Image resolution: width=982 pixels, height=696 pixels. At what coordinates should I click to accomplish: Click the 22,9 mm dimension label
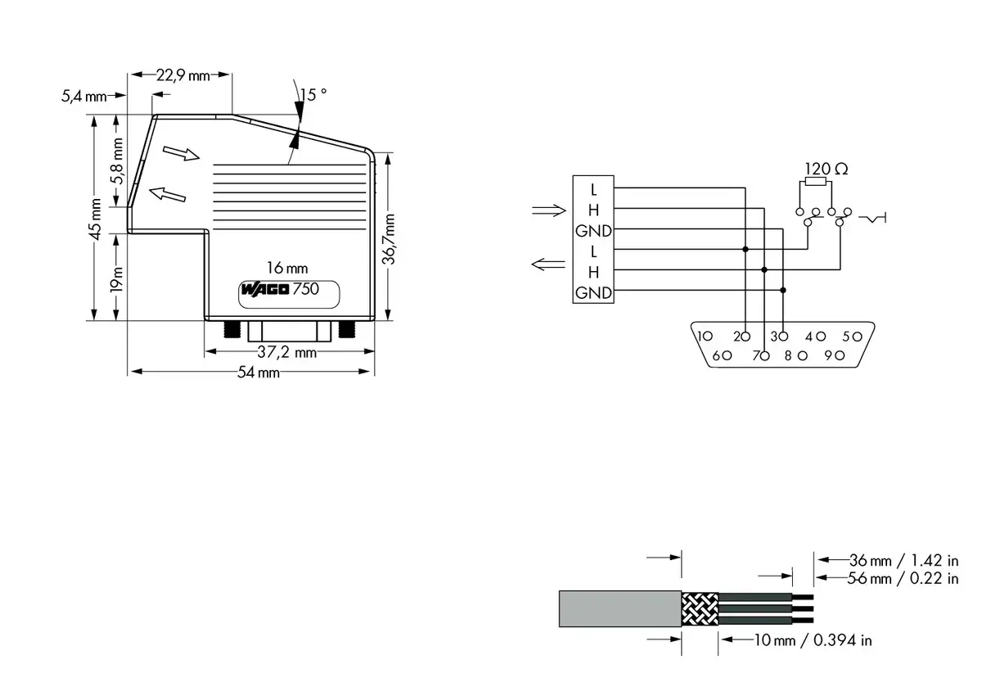point(183,75)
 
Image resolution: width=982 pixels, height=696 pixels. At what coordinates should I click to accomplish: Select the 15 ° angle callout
point(313,95)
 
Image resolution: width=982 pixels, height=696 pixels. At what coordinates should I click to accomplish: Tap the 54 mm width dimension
point(259,373)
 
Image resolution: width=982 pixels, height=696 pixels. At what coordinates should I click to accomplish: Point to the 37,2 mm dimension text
point(286,352)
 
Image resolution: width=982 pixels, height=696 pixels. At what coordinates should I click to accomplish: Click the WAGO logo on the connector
point(265,289)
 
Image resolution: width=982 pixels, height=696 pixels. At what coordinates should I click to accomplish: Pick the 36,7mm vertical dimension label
point(389,239)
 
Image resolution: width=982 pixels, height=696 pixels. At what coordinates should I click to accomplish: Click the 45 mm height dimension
point(95,219)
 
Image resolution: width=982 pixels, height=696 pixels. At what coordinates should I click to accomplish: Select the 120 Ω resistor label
point(827,169)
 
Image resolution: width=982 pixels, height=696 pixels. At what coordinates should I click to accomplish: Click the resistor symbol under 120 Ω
point(815,182)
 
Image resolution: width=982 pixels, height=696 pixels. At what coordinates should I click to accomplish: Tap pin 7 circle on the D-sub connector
point(764,356)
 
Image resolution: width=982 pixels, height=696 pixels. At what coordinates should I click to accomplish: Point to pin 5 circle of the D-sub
point(858,337)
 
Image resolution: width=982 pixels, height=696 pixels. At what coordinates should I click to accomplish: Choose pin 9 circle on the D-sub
point(840,355)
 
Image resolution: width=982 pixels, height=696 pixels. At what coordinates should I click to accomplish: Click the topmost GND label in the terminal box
point(593,231)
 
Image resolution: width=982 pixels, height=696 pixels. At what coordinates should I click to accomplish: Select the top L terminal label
point(593,190)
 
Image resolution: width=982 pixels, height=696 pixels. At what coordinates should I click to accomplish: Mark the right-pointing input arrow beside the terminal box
point(549,210)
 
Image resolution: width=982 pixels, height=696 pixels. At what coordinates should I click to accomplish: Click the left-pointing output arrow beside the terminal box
point(548,264)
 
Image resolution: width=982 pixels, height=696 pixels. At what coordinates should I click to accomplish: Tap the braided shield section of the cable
point(700,609)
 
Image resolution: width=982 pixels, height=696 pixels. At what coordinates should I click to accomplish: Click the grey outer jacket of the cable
point(620,608)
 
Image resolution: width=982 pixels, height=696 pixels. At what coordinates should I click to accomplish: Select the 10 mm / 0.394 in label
point(813,641)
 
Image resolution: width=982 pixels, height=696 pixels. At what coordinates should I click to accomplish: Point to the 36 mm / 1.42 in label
point(904,560)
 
